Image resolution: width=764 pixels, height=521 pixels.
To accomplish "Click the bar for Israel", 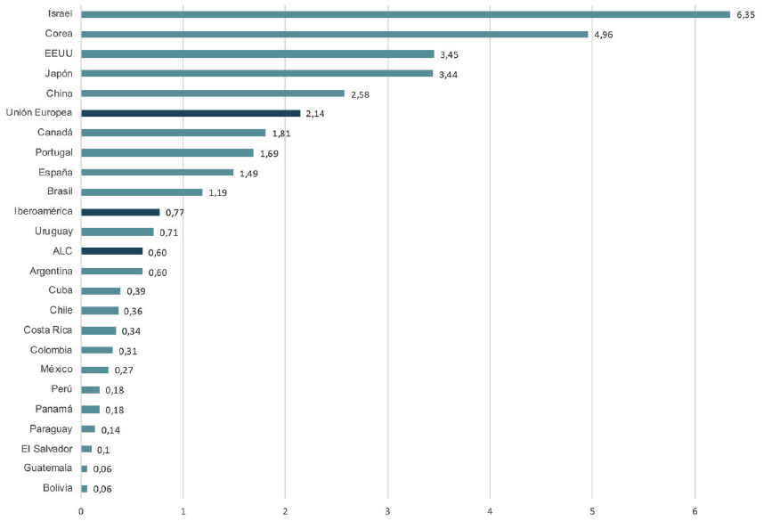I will [405, 14].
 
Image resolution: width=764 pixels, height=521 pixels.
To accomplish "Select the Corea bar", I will [334, 34].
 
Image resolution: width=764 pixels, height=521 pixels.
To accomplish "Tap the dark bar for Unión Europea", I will [191, 113].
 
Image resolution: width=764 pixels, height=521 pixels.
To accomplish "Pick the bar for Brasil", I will [142, 191].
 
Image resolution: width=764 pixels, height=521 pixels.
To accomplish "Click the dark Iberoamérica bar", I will [120, 212].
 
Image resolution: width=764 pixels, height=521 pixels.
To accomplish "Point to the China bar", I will [212, 94].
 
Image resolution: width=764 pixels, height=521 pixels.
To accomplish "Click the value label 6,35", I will [744, 15].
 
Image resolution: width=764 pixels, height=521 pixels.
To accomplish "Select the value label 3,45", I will [449, 54].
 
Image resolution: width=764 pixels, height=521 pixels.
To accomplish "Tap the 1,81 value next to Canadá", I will [281, 134].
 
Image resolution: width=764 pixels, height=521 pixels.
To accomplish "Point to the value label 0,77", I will [175, 213].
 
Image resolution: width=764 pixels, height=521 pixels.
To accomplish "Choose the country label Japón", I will [58, 74].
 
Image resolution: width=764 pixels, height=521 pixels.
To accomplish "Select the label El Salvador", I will [46, 448].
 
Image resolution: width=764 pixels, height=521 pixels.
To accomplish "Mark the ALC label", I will [61, 250].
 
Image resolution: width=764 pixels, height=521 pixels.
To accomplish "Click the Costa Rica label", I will [48, 330].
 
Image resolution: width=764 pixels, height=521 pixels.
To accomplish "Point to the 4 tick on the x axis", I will [490, 510].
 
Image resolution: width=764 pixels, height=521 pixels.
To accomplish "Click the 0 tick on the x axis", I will [81, 510].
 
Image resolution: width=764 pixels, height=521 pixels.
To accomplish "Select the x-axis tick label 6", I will [695, 510].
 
